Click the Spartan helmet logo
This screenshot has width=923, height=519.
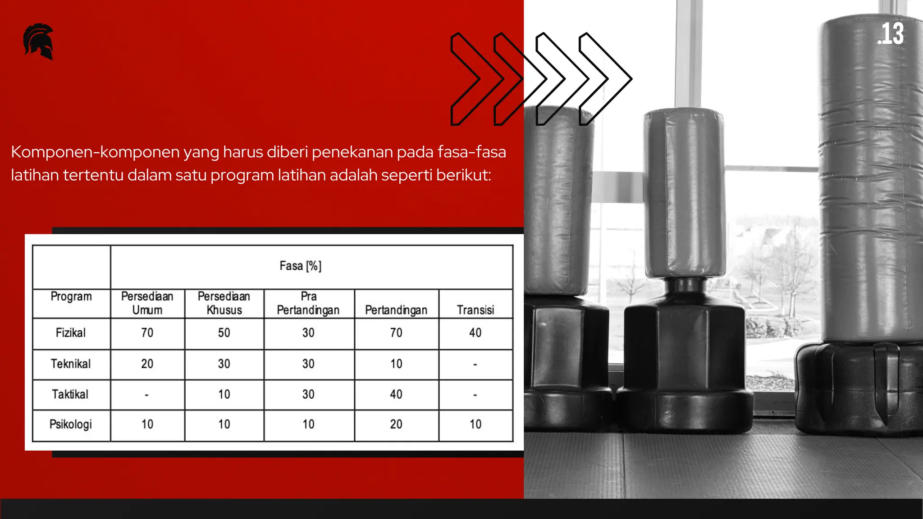pyautogui.click(x=39, y=41)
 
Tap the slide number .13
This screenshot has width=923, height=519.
pyautogui.click(x=891, y=34)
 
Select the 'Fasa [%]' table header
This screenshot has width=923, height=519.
pyautogui.click(x=300, y=266)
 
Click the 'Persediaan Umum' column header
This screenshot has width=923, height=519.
pyautogui.click(x=147, y=303)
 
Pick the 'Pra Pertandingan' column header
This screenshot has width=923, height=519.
pyautogui.click(x=308, y=303)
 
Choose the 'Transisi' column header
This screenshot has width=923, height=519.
pyautogui.click(x=475, y=310)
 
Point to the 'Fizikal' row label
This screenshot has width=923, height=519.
pyautogui.click(x=71, y=333)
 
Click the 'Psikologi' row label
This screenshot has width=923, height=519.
pyautogui.click(x=71, y=424)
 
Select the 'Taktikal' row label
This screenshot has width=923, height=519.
pyautogui.click(x=70, y=394)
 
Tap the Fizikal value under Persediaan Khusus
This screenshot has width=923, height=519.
pyautogui.click(x=224, y=333)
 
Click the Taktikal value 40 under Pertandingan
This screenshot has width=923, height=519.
pyautogui.click(x=396, y=394)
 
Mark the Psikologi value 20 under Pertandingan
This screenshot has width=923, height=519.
pyautogui.click(x=396, y=424)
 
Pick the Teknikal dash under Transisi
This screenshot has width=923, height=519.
pyautogui.click(x=475, y=364)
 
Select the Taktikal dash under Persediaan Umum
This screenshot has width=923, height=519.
pyautogui.click(x=147, y=395)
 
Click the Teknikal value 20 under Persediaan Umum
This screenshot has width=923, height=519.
pyautogui.click(x=147, y=364)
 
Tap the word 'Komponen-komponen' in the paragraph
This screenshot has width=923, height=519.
pyautogui.click(x=95, y=152)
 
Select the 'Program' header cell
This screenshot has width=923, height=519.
pyautogui.click(x=71, y=296)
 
